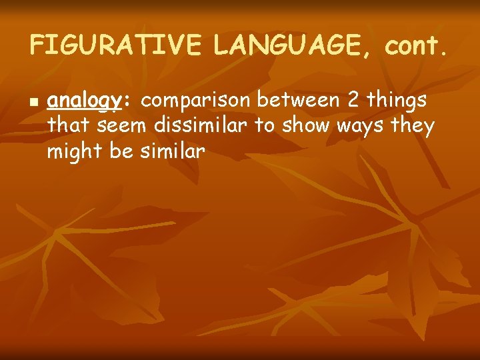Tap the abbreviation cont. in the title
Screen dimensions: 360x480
pos(414,45)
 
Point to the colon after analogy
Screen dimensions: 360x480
pos(123,101)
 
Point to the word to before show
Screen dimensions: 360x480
pos(265,126)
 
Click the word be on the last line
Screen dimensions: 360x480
pos(121,151)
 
